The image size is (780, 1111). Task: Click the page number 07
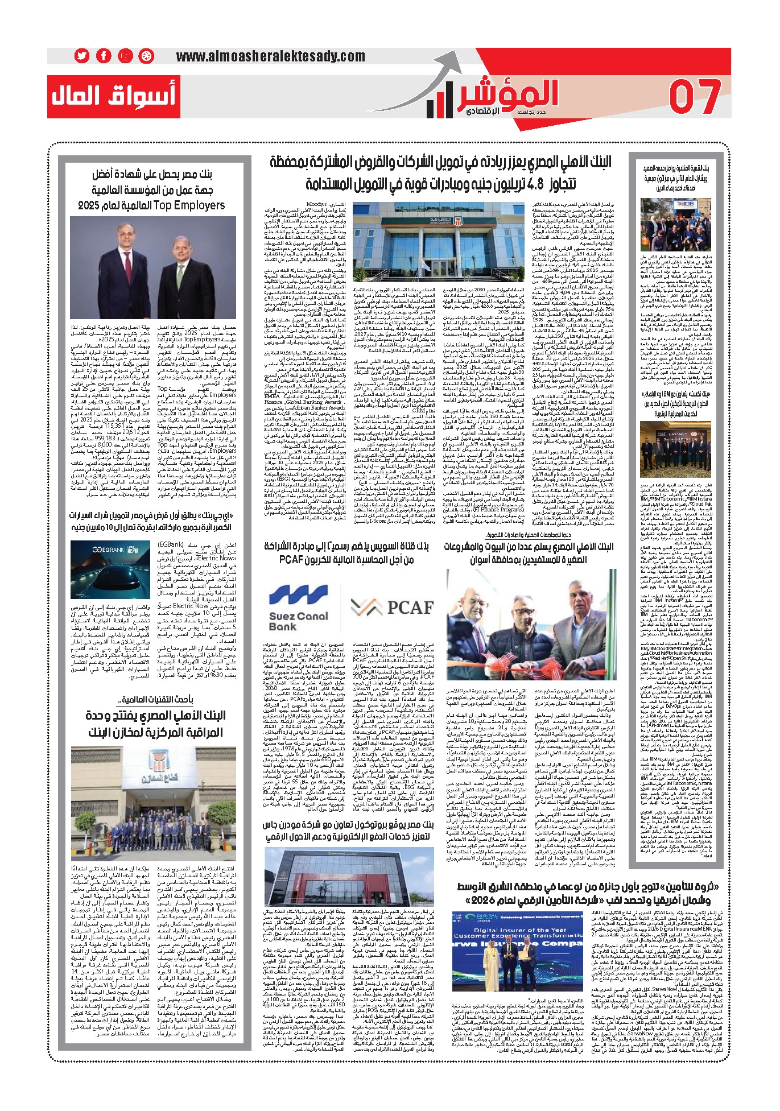point(695,97)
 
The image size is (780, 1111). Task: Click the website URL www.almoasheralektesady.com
point(270,56)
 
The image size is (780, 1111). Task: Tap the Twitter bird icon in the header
point(82,56)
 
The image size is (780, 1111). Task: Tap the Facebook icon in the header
point(104,56)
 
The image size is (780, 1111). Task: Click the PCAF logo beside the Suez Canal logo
point(392,607)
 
